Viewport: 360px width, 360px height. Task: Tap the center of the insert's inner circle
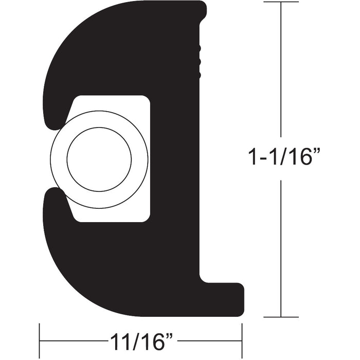point(100,159)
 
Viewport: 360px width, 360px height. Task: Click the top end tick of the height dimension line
point(280,2)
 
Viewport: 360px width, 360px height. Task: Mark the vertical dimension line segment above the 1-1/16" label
point(280,72)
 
